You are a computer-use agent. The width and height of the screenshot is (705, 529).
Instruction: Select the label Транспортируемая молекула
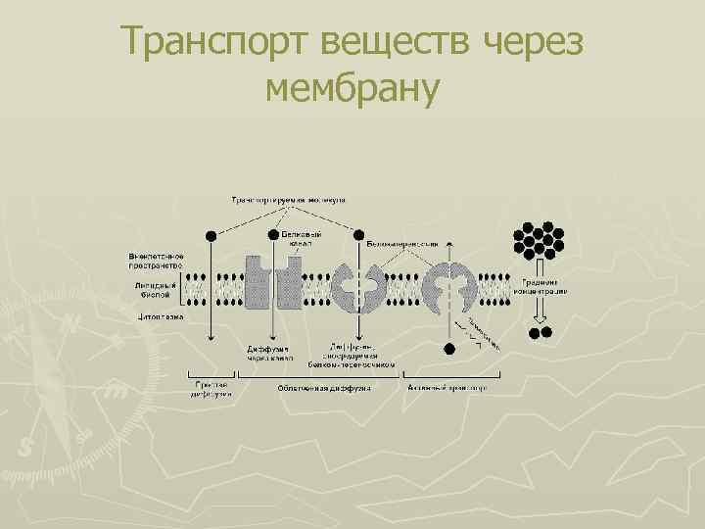[294, 199]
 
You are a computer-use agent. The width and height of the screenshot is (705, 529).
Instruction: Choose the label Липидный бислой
[152, 289]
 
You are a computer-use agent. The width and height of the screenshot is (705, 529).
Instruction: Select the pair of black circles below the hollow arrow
[540, 333]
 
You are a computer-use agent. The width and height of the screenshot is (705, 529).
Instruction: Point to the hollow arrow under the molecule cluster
[539, 310]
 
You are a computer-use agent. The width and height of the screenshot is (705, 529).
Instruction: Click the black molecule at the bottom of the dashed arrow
[449, 347]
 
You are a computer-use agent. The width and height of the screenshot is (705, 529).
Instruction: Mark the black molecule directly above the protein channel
[273, 235]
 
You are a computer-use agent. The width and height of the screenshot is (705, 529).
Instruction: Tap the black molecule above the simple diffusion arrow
[211, 235]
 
